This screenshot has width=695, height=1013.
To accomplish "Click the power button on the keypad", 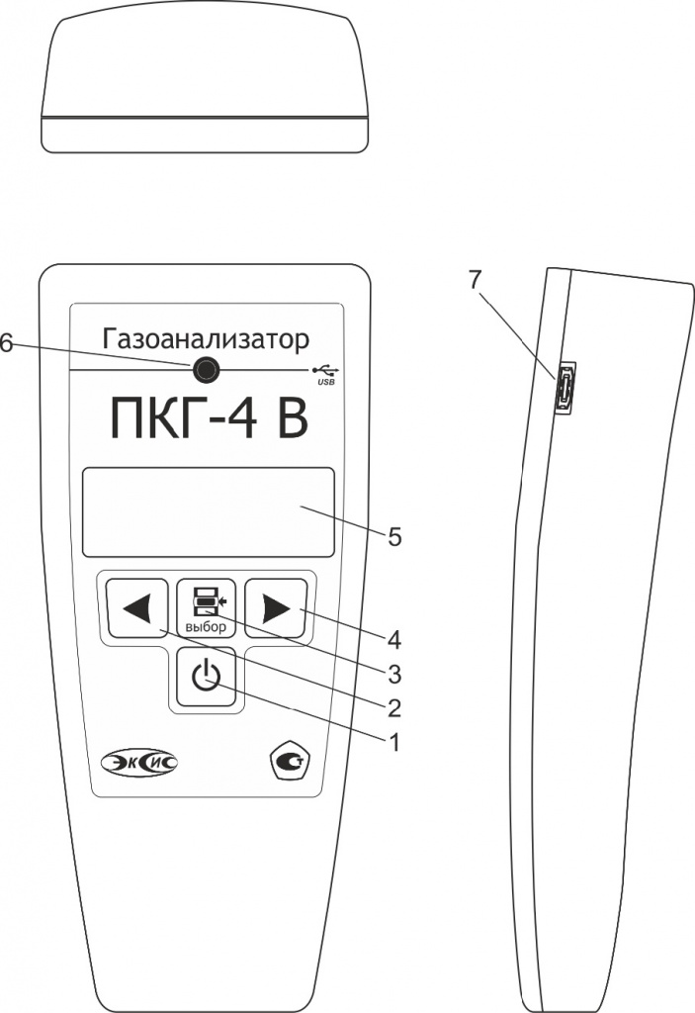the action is click(206, 677).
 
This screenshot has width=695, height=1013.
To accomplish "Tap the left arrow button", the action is click(137, 608).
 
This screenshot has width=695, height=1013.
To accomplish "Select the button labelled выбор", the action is click(206, 608).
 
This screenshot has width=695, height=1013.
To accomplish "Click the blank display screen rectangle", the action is click(208, 511).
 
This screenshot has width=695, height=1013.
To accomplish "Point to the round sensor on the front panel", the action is click(206, 370).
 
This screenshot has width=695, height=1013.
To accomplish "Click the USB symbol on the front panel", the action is click(325, 374).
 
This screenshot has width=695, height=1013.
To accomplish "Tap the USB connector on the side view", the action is click(565, 388).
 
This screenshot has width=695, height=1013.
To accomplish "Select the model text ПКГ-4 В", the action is click(210, 418).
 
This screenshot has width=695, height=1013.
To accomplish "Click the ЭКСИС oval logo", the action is click(139, 763).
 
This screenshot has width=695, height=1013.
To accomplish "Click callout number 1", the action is click(393, 742).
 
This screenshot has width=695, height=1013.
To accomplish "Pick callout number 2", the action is click(393, 708).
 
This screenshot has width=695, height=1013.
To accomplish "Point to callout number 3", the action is click(394, 675).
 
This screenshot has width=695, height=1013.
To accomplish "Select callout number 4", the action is click(394, 640).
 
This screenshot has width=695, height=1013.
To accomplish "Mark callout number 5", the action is click(394, 536).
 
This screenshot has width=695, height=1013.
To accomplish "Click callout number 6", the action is click(6, 343).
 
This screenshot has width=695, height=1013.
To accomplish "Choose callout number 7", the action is click(475, 280).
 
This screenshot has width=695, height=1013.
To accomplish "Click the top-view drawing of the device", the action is click(205, 84).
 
